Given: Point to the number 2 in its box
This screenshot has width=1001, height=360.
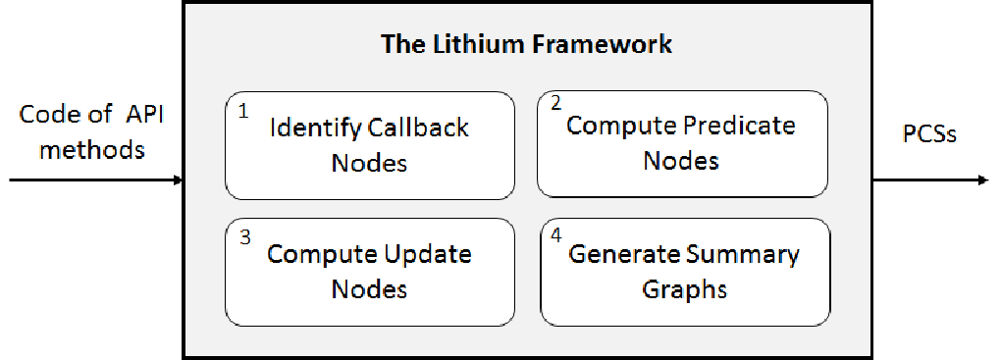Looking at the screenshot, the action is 555,104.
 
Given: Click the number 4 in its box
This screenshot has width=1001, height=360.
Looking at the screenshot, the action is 556,234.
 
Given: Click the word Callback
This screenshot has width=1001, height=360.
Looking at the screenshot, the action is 419,128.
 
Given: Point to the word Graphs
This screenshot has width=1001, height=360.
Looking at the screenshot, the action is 684,289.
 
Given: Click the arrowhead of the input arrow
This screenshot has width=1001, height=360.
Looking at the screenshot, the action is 179,180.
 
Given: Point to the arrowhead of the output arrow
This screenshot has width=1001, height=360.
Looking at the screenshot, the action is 983,180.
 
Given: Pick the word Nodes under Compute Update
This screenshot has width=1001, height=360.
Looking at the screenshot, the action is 370,289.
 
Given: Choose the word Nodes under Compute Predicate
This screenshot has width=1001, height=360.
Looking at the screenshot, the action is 681,160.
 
